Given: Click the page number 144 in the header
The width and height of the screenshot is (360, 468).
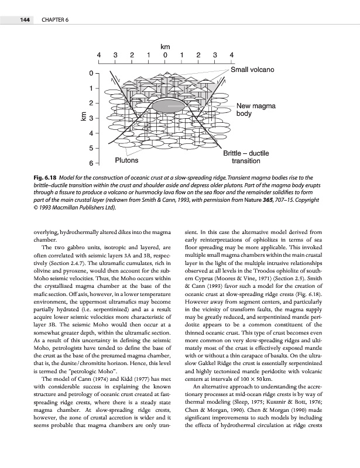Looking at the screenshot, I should click(25, 21).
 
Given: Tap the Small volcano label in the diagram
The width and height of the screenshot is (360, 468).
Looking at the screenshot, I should click(252, 70).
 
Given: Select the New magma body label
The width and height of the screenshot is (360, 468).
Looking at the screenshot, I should click(256, 110).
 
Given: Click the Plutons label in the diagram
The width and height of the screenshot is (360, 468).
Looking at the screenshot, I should click(127, 160).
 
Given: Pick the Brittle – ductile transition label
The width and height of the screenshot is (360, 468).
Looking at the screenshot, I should click(246, 156).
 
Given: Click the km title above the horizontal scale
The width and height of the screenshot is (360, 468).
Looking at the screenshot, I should click(165, 44).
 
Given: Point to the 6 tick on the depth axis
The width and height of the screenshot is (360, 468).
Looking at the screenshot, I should click(90, 162).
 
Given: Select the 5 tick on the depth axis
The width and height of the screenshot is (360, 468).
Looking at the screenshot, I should click(90, 149).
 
